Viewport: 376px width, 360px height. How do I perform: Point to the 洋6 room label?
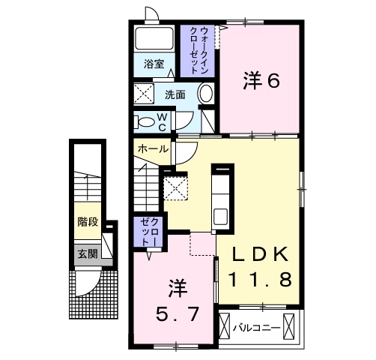tap(261, 80)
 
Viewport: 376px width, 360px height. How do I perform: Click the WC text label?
tap(162, 122)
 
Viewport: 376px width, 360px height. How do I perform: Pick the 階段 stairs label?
tap(88, 222)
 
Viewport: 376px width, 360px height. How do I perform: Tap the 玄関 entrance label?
tap(87, 253)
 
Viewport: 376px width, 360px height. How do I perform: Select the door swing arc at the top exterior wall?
tap(152, 13)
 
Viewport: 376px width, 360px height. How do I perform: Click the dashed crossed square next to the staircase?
tap(177, 187)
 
